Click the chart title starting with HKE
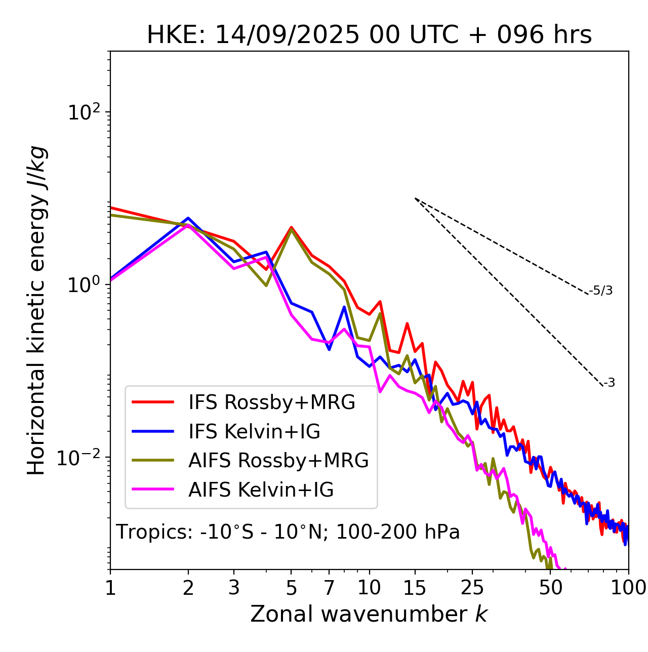pos(369,35)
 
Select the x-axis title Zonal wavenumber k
pos(369,614)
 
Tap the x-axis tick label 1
pos(110,588)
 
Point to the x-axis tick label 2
pos(188,588)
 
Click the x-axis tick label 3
pos(234,588)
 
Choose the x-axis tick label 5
pos(291,588)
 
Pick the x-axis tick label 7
pos(329,588)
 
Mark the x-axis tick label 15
pos(415,588)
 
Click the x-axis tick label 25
pos(472,588)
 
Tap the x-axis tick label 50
pos(550,588)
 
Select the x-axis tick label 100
pos(628,588)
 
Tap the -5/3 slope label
pos(601,291)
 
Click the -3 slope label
pos(609,383)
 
